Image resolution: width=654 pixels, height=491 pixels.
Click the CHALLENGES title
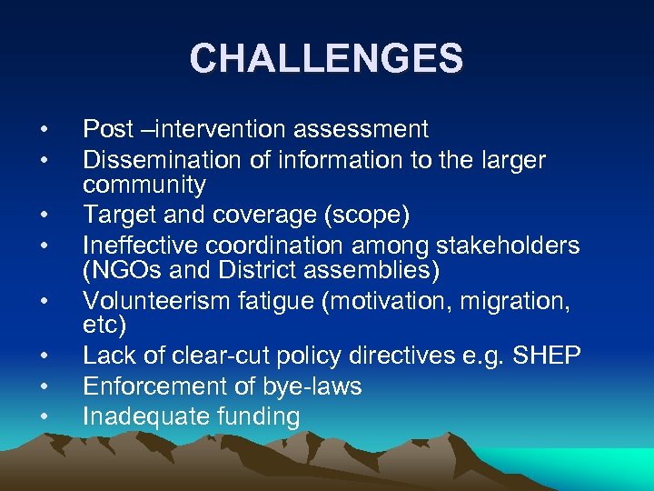coord(327,59)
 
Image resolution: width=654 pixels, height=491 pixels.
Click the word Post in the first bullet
coord(104,130)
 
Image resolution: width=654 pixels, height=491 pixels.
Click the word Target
coord(114,215)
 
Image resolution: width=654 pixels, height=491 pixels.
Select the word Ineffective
coord(140,245)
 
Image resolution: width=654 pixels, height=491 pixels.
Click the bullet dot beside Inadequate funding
coord(44,417)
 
